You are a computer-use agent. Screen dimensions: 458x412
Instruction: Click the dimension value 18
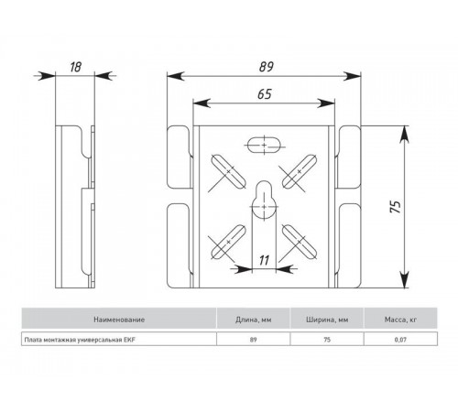pos(75,67)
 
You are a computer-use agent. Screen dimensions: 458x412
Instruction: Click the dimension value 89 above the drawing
pos(266,67)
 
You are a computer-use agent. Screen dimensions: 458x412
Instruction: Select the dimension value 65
pos(265,94)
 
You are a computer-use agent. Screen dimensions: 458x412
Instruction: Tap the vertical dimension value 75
pos(396,207)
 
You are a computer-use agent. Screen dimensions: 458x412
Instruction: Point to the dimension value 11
pos(264,260)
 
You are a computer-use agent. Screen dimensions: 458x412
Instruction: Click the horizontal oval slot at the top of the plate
pos(265,145)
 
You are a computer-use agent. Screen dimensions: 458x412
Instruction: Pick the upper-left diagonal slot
pos(228,171)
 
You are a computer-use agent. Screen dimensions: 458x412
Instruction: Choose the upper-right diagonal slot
pos(300,171)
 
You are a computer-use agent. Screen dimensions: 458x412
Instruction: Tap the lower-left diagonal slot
pos(228,242)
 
